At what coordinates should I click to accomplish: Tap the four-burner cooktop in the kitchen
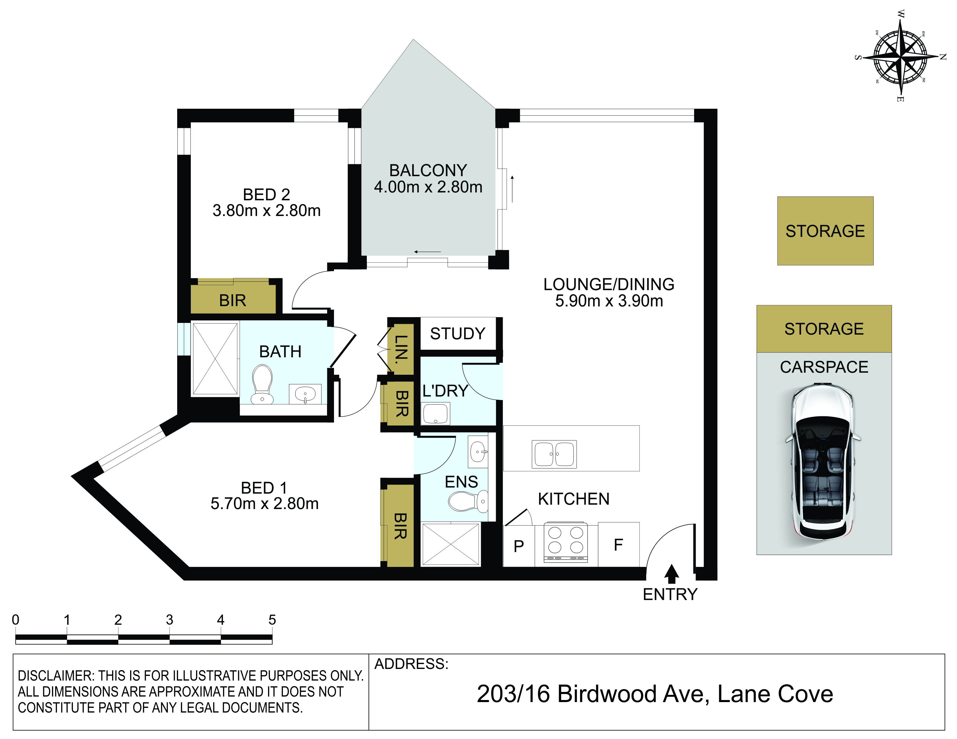point(566,542)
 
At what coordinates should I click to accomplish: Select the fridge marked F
point(618,544)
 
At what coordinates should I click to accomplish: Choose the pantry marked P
point(519,546)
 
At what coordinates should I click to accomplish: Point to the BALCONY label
point(428,170)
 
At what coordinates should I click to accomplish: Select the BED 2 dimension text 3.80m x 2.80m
point(266,210)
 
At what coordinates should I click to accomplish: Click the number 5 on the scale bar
point(272,620)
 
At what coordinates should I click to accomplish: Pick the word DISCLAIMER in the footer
point(56,676)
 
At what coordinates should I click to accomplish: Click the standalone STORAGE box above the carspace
point(825,231)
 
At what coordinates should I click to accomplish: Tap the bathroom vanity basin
point(305,394)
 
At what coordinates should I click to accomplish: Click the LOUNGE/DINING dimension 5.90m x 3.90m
point(609,301)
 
